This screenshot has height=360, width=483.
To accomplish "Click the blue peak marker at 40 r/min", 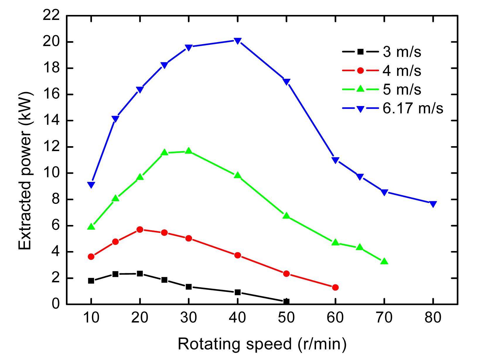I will point(238,41).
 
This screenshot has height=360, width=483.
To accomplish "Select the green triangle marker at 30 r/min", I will point(189,151).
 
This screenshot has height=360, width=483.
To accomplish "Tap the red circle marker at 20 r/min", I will point(140,229).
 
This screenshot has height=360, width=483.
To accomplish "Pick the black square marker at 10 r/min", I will point(91,281).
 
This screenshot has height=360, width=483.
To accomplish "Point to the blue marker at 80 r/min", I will point(433,204).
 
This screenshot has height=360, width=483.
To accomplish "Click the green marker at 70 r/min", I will point(384,261).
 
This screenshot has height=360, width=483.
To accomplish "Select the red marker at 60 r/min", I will point(335,287).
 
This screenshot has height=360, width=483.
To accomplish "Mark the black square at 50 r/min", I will point(286,301).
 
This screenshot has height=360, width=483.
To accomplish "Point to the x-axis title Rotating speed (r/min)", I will point(262,344).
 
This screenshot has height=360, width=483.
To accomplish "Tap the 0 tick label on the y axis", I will point(56,304).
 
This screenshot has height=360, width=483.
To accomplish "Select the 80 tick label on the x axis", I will point(433,318).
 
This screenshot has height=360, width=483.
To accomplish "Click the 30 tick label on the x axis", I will point(189,318).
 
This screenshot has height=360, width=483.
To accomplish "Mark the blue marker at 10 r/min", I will point(91,185).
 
